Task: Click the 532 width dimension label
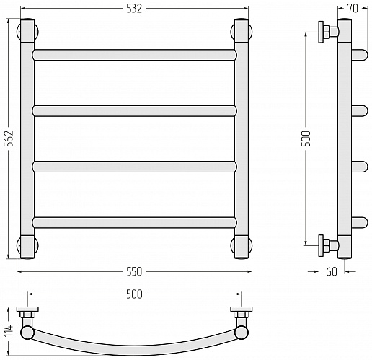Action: coord(134,9)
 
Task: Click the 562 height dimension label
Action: coord(10,139)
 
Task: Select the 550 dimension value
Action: coord(134,272)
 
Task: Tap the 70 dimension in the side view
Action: coord(353,9)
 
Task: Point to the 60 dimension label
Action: coord(332,271)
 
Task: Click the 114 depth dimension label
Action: coord(10,331)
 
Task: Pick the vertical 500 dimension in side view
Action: coord(306,139)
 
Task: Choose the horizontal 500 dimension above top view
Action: coord(134,294)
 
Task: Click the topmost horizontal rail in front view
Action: coord(134,55)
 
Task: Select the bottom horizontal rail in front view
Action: coord(134,222)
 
